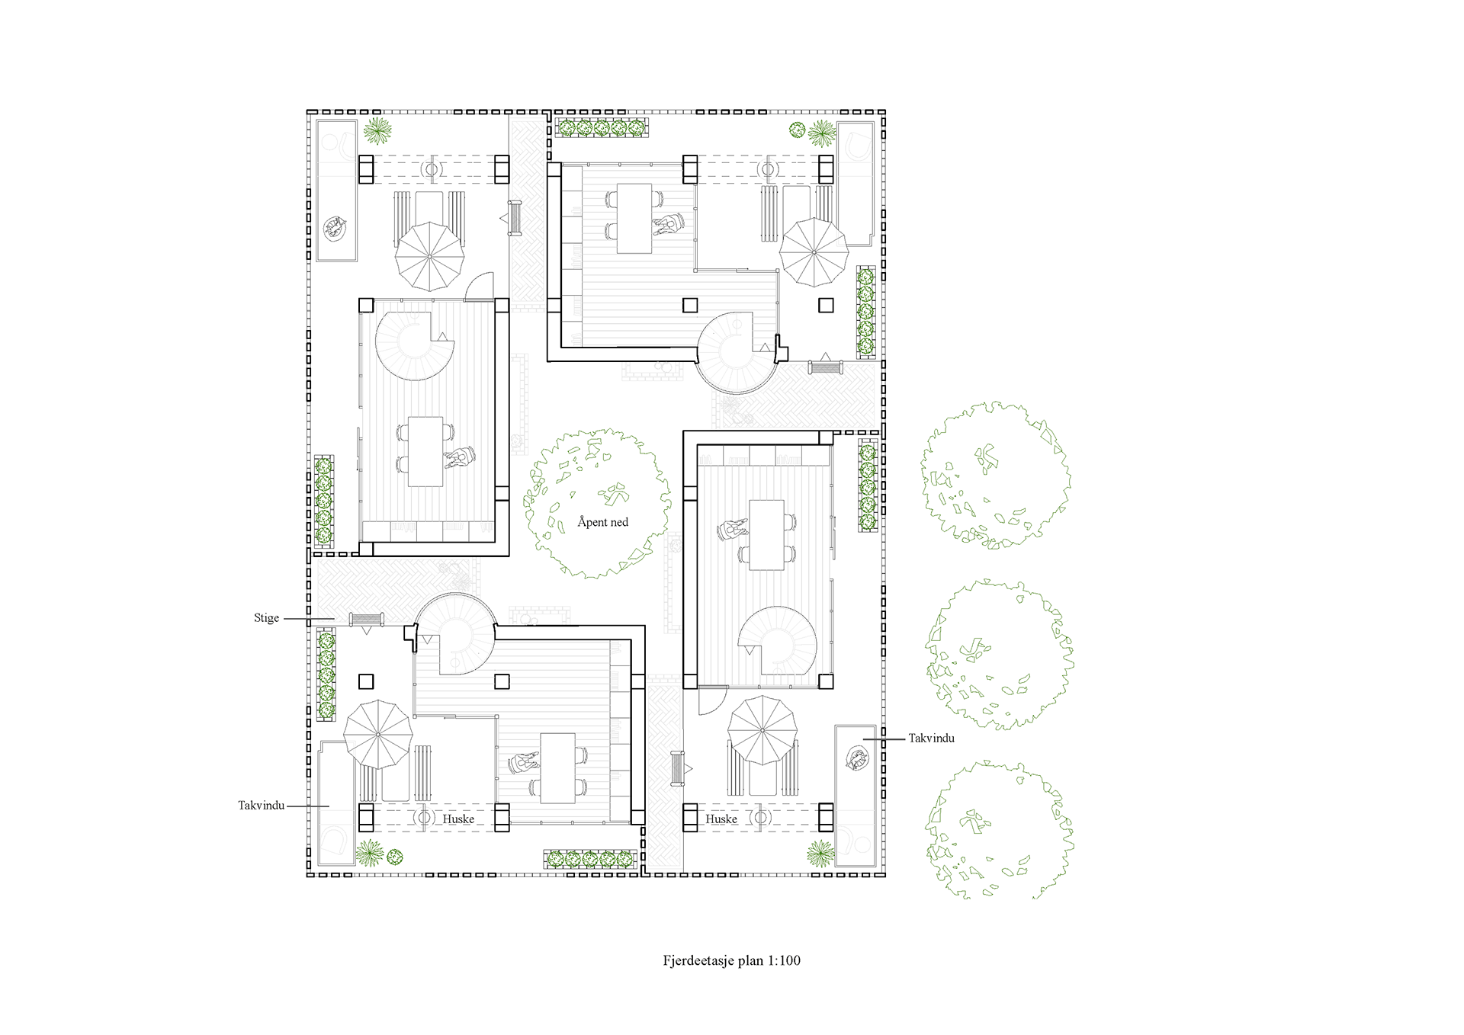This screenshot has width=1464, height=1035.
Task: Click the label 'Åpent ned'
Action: (x=602, y=522)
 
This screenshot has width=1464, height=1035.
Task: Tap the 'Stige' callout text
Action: (x=267, y=618)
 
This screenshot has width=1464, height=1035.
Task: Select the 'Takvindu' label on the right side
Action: (x=931, y=738)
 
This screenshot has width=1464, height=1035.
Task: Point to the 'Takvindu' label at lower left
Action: (x=261, y=806)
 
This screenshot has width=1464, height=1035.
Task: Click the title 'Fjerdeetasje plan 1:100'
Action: (x=732, y=960)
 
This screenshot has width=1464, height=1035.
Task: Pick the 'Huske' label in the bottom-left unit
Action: (x=458, y=819)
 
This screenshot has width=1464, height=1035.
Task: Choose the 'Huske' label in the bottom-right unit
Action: (x=721, y=819)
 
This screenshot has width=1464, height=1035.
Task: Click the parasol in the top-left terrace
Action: (x=429, y=256)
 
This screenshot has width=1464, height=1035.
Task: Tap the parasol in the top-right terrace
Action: (x=814, y=252)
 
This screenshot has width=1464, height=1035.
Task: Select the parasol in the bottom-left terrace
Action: (x=378, y=735)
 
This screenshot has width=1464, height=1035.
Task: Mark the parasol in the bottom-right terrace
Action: (x=762, y=730)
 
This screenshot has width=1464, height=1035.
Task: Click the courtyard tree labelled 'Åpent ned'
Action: (x=597, y=503)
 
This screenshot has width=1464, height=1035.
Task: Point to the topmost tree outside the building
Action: (x=995, y=476)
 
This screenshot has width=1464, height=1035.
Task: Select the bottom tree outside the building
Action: (x=1000, y=831)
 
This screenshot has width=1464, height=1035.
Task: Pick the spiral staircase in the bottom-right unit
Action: (x=778, y=641)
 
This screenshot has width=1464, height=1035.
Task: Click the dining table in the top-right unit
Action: (x=634, y=218)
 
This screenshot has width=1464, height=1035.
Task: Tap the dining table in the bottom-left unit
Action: (x=557, y=768)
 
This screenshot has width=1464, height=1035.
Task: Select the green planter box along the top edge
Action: (x=602, y=128)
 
